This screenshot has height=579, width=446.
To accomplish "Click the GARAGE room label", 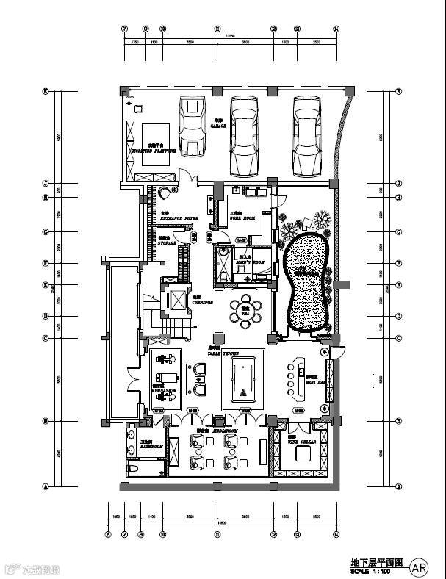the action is coord(218,126).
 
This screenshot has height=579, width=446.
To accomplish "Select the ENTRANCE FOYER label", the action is coord(179,218).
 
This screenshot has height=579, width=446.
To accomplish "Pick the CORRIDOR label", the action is coord(202,302).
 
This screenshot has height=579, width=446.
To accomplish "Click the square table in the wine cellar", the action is coord(301,454).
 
